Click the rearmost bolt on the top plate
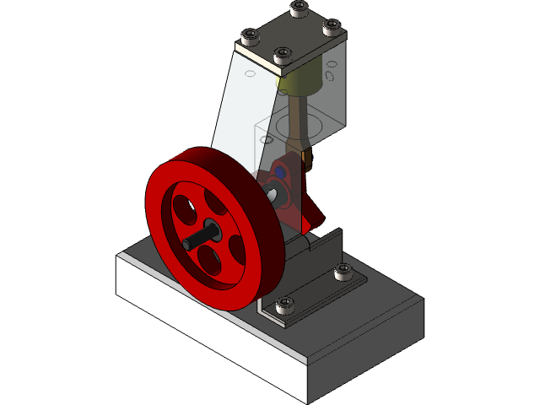pyautogui.click(x=299, y=9)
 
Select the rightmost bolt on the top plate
pyautogui.click(x=332, y=28)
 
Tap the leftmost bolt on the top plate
pyautogui.click(x=251, y=37)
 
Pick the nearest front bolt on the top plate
pyautogui.click(x=283, y=56)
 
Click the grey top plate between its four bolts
pyautogui.click(x=291, y=33)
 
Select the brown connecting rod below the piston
pyautogui.click(x=299, y=127)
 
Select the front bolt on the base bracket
pyautogui.click(x=286, y=302)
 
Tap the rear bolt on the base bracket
pyautogui.click(x=343, y=271)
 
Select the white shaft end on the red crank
pyautogui.click(x=275, y=193)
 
